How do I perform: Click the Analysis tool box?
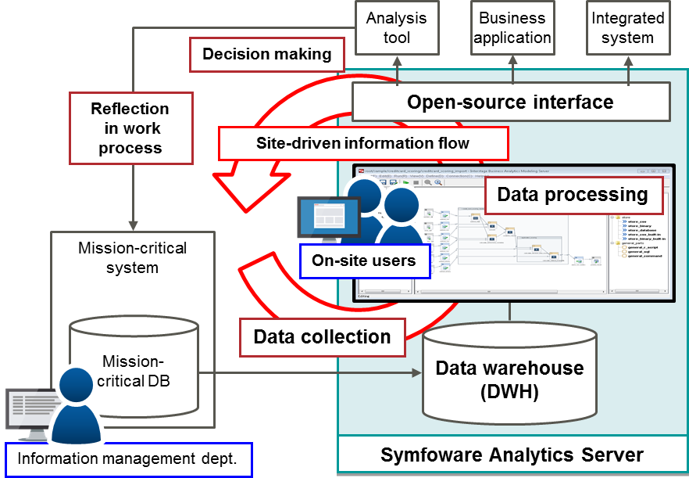coord(397,27)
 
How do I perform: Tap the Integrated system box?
coord(628,27)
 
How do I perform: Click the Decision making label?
coord(266,55)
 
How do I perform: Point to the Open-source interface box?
coord(510,102)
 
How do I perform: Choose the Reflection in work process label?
coord(130,128)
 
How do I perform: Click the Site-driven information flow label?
coord(362,143)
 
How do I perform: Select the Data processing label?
coord(573,195)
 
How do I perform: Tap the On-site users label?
coord(364,261)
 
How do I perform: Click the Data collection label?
coord(322,337)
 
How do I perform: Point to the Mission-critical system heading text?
coord(133,258)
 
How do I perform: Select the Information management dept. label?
coord(128,459)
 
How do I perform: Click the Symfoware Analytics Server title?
coord(512,455)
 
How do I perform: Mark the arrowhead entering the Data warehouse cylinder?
coord(416,372)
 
